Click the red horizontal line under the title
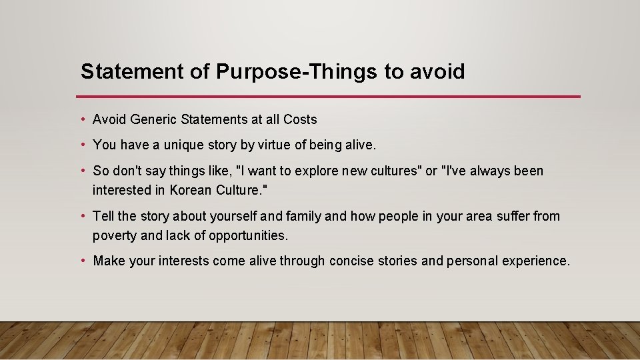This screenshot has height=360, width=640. click(330, 97)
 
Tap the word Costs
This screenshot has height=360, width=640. click(300, 120)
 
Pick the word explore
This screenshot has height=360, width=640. click(319, 171)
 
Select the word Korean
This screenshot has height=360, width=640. click(191, 190)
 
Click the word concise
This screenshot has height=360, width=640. click(351, 261)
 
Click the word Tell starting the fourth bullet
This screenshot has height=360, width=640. click(103, 216)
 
